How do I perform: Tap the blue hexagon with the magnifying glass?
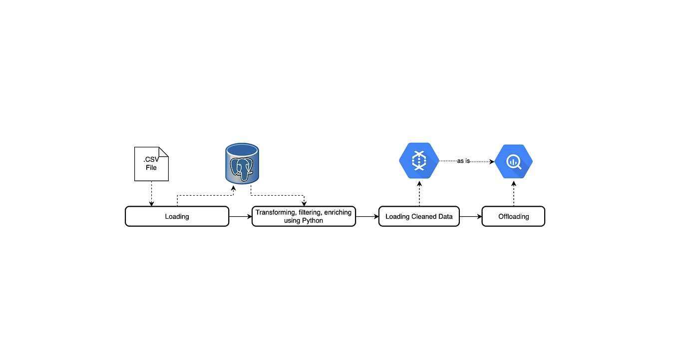point(514,162)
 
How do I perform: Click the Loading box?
point(177,217)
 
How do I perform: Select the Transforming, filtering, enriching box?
point(304,216)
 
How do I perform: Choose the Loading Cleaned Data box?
point(419,217)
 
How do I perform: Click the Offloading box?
point(513,217)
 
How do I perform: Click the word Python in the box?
point(313,220)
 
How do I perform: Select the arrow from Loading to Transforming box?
point(240,217)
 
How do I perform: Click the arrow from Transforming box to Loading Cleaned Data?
point(367,217)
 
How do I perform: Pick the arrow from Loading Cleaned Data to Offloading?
point(470,217)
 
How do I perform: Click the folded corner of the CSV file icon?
point(163,152)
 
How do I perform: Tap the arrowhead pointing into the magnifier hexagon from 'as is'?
point(492,162)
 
